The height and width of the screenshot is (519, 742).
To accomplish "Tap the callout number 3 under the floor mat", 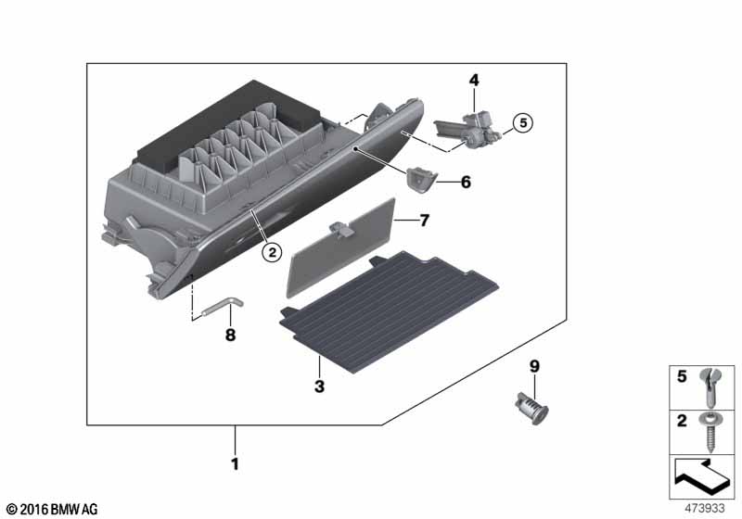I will click(x=318, y=386).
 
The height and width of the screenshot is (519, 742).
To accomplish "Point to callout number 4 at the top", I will click(x=474, y=81).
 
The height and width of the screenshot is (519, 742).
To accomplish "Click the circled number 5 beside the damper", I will click(x=521, y=121).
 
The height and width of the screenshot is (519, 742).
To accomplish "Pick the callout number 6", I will click(x=466, y=183).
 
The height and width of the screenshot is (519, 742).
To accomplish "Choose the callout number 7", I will click(x=425, y=221).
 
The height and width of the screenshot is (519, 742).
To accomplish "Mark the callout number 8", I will click(x=231, y=335).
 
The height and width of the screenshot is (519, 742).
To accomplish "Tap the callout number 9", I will click(x=533, y=367).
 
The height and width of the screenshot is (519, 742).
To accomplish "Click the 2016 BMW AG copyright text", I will click(x=51, y=510).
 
